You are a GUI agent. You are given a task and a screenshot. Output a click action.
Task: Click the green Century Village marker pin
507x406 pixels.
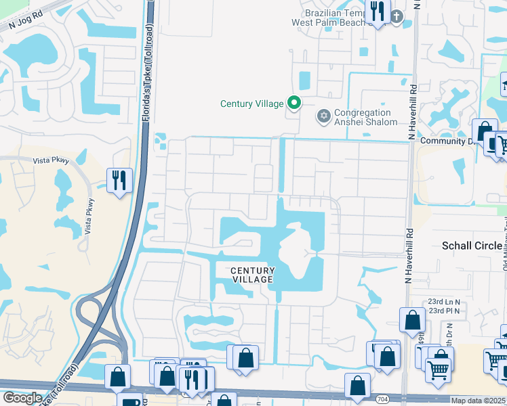coord(293,103)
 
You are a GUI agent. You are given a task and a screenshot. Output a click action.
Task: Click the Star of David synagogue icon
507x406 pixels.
coord(323,116)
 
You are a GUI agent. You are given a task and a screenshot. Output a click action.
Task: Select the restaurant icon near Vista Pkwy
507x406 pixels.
coord(119,180)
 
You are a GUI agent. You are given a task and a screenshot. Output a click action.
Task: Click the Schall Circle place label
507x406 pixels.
coord(472,245)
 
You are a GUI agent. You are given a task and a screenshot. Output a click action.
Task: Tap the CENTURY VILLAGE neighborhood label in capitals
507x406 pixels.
coord(253,275)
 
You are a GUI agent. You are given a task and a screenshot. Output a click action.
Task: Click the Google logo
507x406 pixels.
coord(22,398)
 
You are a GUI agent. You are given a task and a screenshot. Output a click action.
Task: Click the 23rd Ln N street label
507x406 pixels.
coord(443,302)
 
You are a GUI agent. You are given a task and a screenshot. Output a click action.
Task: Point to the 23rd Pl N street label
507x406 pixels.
coord(443,311)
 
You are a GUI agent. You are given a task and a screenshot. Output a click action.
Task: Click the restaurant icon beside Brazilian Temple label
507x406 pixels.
coord(377,12)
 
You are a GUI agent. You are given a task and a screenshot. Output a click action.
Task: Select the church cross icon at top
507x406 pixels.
coord(397,16)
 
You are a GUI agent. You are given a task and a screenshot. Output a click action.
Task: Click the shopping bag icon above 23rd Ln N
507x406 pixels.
coord(412,319)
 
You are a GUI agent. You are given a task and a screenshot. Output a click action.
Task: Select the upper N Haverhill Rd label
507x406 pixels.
coord(411,111)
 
